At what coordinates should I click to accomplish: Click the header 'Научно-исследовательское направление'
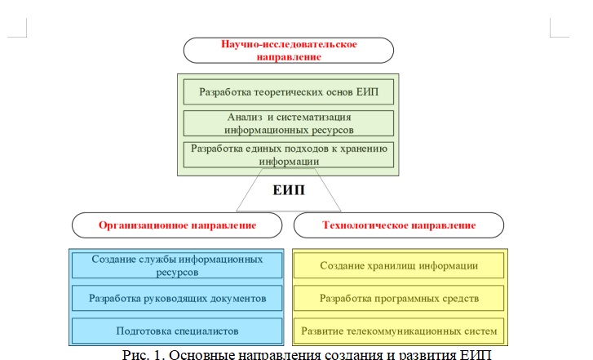pos(289,49)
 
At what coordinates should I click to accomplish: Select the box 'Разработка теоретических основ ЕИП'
pos(289,90)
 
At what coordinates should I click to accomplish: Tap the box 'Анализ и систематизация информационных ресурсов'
pos(289,122)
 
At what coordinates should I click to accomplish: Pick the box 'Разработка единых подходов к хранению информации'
pos(289,154)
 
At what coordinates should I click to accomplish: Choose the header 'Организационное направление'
pos(178,224)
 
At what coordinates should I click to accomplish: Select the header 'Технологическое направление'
pos(399,224)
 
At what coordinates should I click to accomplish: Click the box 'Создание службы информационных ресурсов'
pos(177,265)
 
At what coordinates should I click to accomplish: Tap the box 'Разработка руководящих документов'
pos(177,298)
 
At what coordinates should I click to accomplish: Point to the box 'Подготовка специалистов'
pos(177,331)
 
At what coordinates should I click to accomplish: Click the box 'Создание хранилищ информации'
pos(399,265)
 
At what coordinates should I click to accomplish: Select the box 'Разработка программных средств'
pos(399,298)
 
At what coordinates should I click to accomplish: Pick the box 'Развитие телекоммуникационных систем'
pos(399,331)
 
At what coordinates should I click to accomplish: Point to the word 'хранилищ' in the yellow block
pos(392,265)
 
